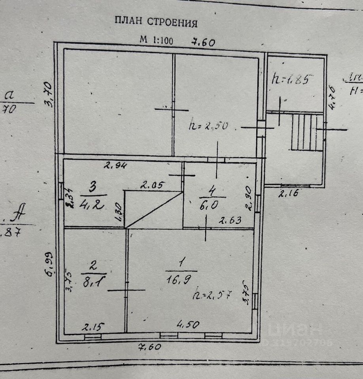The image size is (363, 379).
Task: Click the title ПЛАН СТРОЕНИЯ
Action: point(156,21)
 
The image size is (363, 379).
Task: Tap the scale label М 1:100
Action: point(156,40)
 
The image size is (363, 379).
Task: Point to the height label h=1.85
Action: point(291,79)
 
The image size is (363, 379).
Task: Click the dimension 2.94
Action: point(115,166)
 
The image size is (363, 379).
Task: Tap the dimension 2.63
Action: point(230,220)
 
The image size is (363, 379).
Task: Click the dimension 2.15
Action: point(93,327)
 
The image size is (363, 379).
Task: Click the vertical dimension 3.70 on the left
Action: point(49,94)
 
